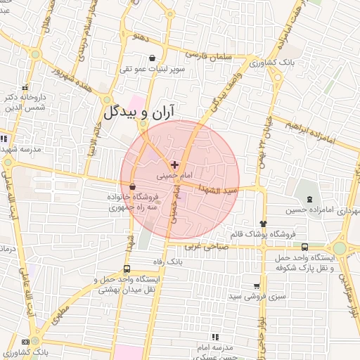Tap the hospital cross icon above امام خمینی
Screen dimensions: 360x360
click(x=175, y=164)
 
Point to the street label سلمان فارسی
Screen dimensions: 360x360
click(x=207, y=53)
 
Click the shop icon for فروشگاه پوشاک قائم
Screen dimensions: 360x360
click(x=264, y=223)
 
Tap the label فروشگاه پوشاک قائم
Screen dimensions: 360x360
click(x=263, y=233)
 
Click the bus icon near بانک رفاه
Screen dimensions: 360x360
click(x=127, y=269)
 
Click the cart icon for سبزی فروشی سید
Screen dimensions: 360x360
click(x=256, y=286)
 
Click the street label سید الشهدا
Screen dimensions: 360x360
click(x=219, y=190)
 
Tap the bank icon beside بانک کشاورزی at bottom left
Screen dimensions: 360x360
click(x=26, y=342)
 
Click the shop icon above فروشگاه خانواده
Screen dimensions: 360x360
click(x=132, y=186)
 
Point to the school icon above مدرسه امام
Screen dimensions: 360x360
click(x=215, y=337)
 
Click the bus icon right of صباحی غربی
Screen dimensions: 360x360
click(x=304, y=247)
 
